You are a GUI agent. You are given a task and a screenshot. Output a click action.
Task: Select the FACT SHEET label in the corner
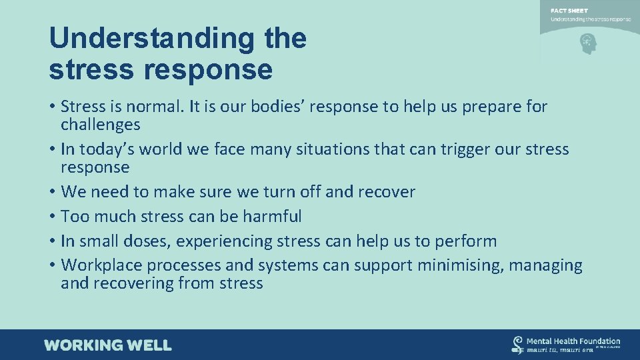click(x=569, y=11)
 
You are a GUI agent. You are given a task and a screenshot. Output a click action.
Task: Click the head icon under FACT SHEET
click(x=587, y=44)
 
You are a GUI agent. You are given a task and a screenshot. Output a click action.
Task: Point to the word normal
click(x=149, y=106)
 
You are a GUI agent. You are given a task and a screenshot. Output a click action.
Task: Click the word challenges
click(x=100, y=125)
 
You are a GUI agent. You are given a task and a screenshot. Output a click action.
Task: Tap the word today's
click(x=111, y=149)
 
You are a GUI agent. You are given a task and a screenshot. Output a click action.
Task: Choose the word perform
click(x=463, y=241)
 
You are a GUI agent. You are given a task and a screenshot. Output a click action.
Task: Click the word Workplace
click(x=101, y=265)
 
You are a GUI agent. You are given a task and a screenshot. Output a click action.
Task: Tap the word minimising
click(x=461, y=265)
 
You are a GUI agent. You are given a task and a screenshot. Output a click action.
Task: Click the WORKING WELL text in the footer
click(x=108, y=345)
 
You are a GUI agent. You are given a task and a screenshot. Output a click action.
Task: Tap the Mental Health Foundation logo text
click(x=573, y=341)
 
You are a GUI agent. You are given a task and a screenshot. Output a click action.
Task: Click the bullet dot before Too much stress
click(x=52, y=217)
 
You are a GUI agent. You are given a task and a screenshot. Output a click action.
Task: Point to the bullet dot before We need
click(x=52, y=192)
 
